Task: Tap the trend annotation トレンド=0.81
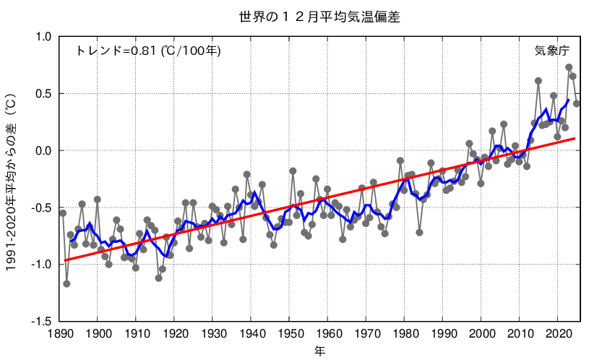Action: coord(148,51)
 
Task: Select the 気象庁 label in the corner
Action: coord(552,51)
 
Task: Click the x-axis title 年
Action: coord(319,351)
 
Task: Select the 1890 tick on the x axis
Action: coord(59,335)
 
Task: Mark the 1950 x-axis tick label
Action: coord(289,335)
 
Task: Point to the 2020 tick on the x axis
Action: coord(557,335)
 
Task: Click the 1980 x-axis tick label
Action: coord(404,335)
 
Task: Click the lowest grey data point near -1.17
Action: coord(66,283)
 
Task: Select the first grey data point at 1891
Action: coord(63,213)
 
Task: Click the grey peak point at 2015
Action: coord(538,81)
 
